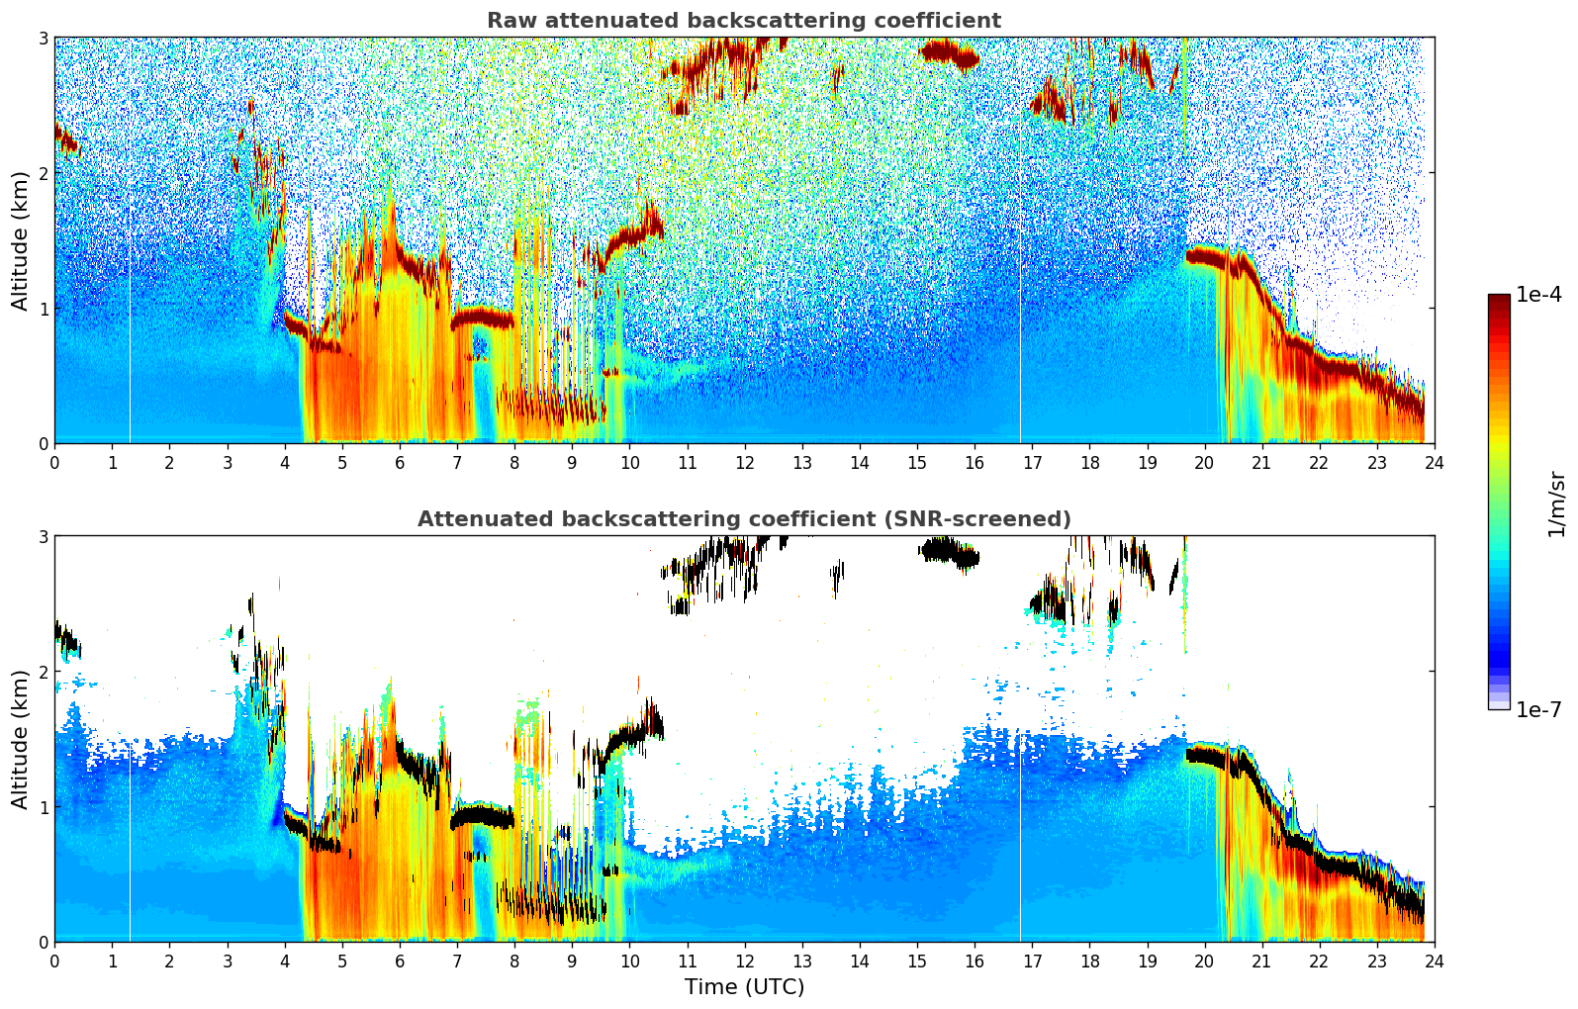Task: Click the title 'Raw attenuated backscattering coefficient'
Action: click(x=743, y=21)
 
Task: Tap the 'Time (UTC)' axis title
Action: click(x=744, y=987)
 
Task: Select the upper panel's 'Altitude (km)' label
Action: click(x=21, y=240)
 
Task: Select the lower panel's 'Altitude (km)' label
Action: click(x=21, y=739)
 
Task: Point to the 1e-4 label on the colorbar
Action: click(x=1538, y=295)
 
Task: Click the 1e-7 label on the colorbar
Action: click(x=1538, y=709)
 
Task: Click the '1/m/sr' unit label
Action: click(x=1556, y=504)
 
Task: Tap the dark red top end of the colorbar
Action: click(x=1499, y=299)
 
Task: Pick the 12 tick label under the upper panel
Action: click(x=744, y=463)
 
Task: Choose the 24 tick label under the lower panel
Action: click(x=1434, y=962)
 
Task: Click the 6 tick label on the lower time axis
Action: click(x=400, y=962)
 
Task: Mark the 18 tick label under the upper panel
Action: click(x=1089, y=463)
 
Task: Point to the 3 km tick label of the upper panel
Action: click(x=44, y=39)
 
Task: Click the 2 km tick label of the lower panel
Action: click(x=44, y=672)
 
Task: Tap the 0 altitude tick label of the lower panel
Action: click(x=44, y=942)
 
